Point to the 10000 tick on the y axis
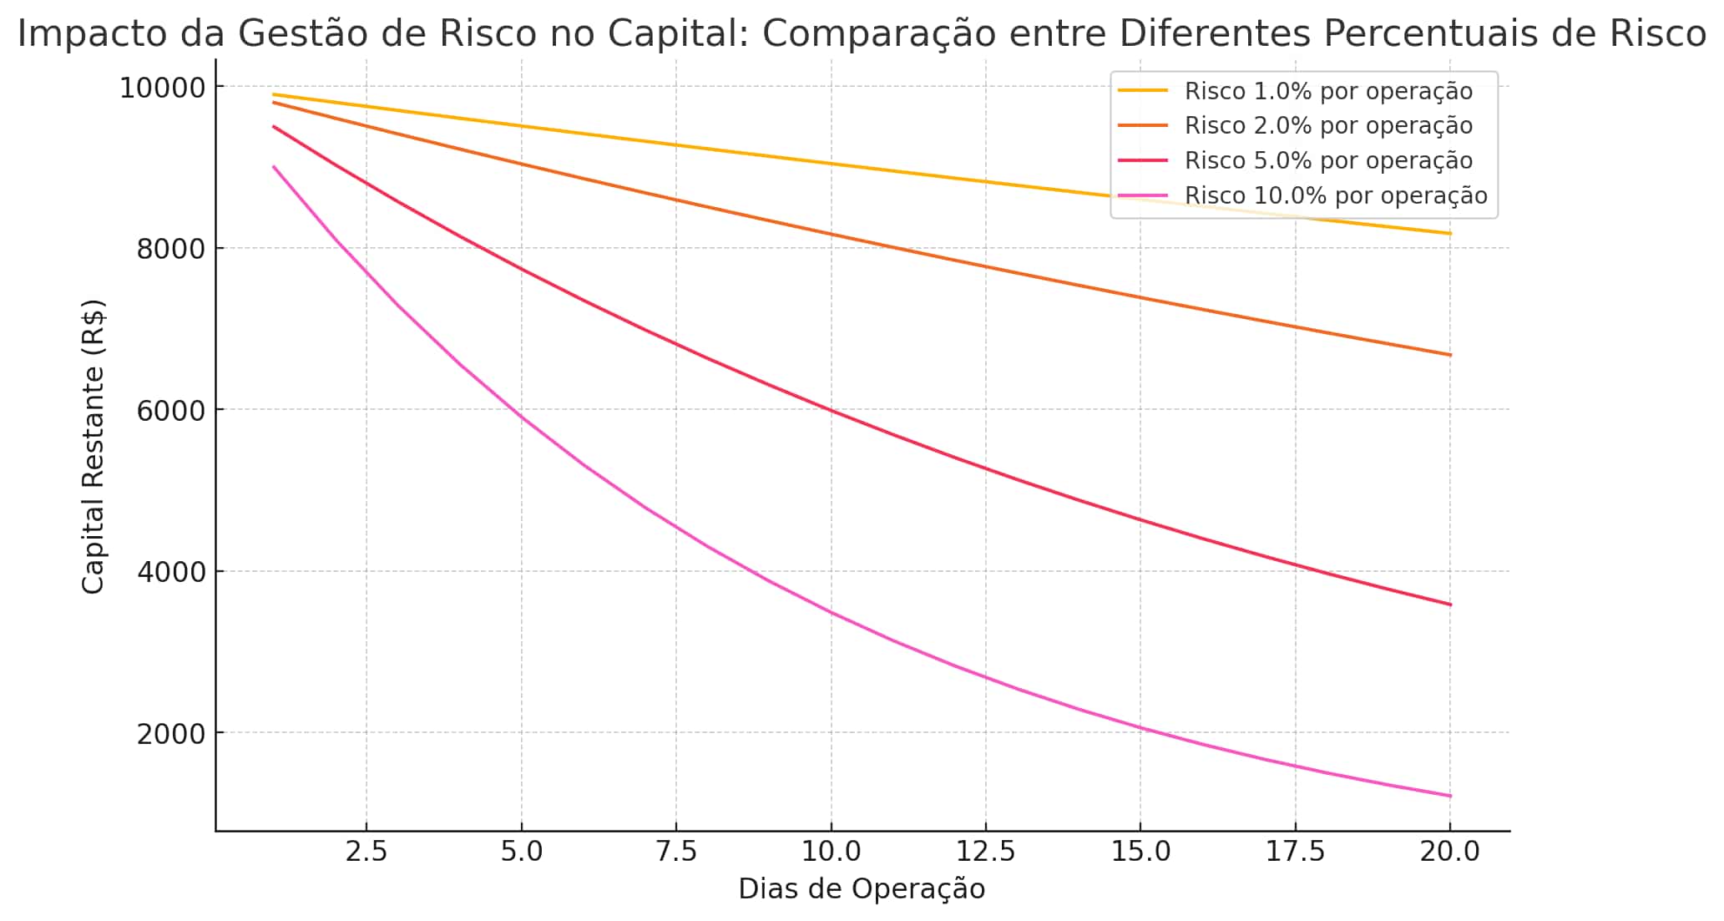click(x=162, y=87)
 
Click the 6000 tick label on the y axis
click(x=170, y=410)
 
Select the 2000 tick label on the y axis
click(x=170, y=733)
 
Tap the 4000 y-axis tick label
click(x=170, y=572)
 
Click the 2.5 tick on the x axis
click(x=367, y=852)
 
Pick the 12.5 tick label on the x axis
click(x=986, y=852)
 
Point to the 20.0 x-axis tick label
click(x=1450, y=852)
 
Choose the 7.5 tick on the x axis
click(x=676, y=852)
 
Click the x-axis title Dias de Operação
click(x=862, y=889)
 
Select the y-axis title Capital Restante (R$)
click(x=93, y=447)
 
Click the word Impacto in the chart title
click(x=74, y=34)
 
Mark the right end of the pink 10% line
click(x=1450, y=796)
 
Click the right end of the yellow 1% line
click(x=1450, y=234)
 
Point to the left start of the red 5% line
click(x=274, y=127)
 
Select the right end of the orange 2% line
click(x=1450, y=355)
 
